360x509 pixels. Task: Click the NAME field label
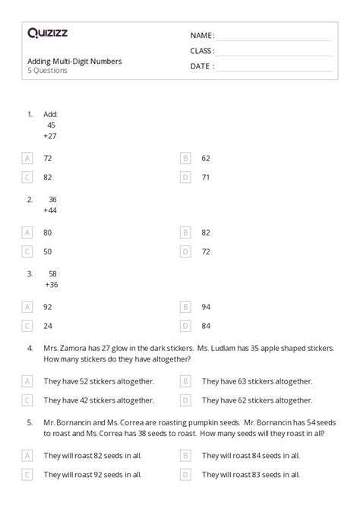click(202, 35)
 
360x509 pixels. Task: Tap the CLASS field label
click(202, 51)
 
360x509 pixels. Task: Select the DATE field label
click(201, 66)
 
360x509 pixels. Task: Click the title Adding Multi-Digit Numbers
click(74, 61)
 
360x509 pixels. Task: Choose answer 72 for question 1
click(48, 158)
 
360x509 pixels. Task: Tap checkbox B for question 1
click(185, 158)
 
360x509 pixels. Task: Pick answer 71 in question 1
click(206, 177)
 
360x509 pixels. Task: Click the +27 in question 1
click(49, 136)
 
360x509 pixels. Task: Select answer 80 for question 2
click(48, 232)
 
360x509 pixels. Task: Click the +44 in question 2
click(50, 210)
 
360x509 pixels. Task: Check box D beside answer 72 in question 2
click(185, 251)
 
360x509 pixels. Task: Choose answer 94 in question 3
click(206, 307)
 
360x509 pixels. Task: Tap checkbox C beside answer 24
click(27, 326)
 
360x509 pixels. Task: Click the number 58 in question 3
click(52, 273)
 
